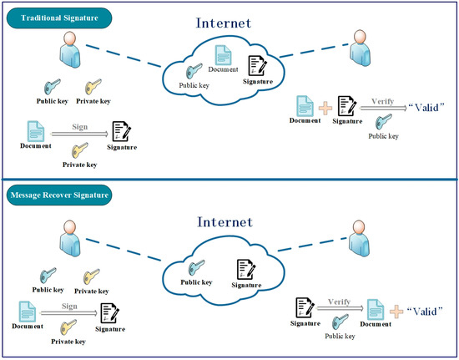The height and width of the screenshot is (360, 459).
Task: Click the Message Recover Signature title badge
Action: (60, 197)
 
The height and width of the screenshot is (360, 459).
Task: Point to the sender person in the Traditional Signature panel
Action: (70, 54)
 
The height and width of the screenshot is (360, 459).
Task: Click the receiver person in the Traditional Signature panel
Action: (361, 49)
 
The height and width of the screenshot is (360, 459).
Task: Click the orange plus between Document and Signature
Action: (321, 106)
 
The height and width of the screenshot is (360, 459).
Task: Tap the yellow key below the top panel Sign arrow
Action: (80, 150)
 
